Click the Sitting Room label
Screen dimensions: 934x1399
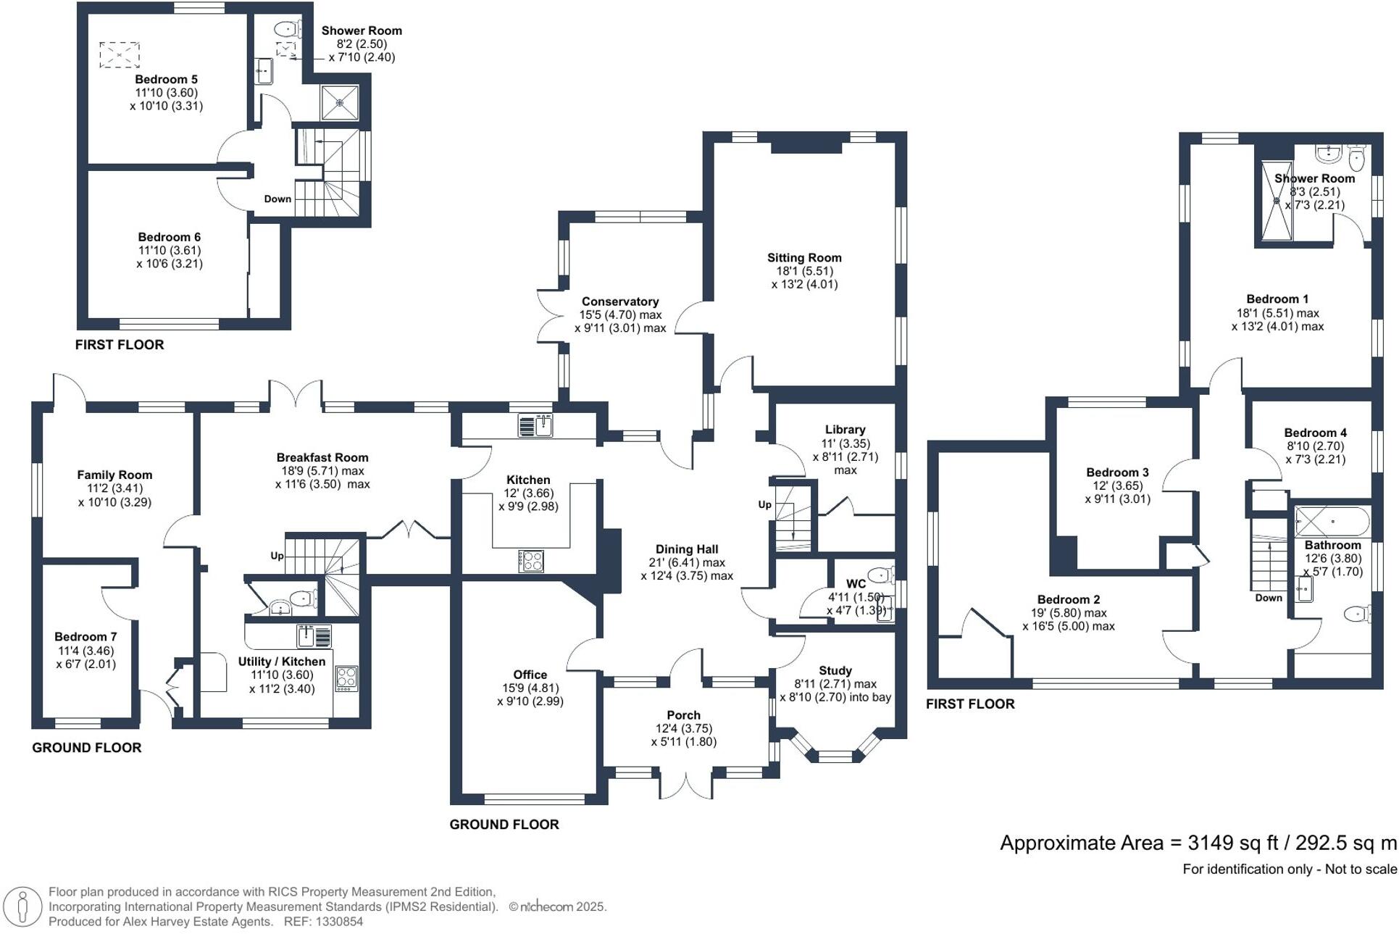(x=804, y=258)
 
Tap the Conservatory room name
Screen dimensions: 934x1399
(x=619, y=301)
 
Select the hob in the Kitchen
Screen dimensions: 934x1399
(x=531, y=561)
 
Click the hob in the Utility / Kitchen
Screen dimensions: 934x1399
(x=346, y=679)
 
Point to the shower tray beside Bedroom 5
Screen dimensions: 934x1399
(x=340, y=103)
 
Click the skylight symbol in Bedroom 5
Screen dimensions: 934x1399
(x=120, y=55)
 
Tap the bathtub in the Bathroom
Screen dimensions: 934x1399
(x=1332, y=521)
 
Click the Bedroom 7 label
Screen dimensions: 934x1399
(x=85, y=637)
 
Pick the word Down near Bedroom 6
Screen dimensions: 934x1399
(x=277, y=199)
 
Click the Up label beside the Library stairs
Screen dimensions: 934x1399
(x=764, y=504)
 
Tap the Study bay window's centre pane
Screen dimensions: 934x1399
(x=835, y=756)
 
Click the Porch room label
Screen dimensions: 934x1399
(x=683, y=715)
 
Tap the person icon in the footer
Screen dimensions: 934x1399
(x=22, y=906)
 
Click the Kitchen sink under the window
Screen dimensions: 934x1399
(x=535, y=425)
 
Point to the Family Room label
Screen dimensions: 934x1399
(x=114, y=475)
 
